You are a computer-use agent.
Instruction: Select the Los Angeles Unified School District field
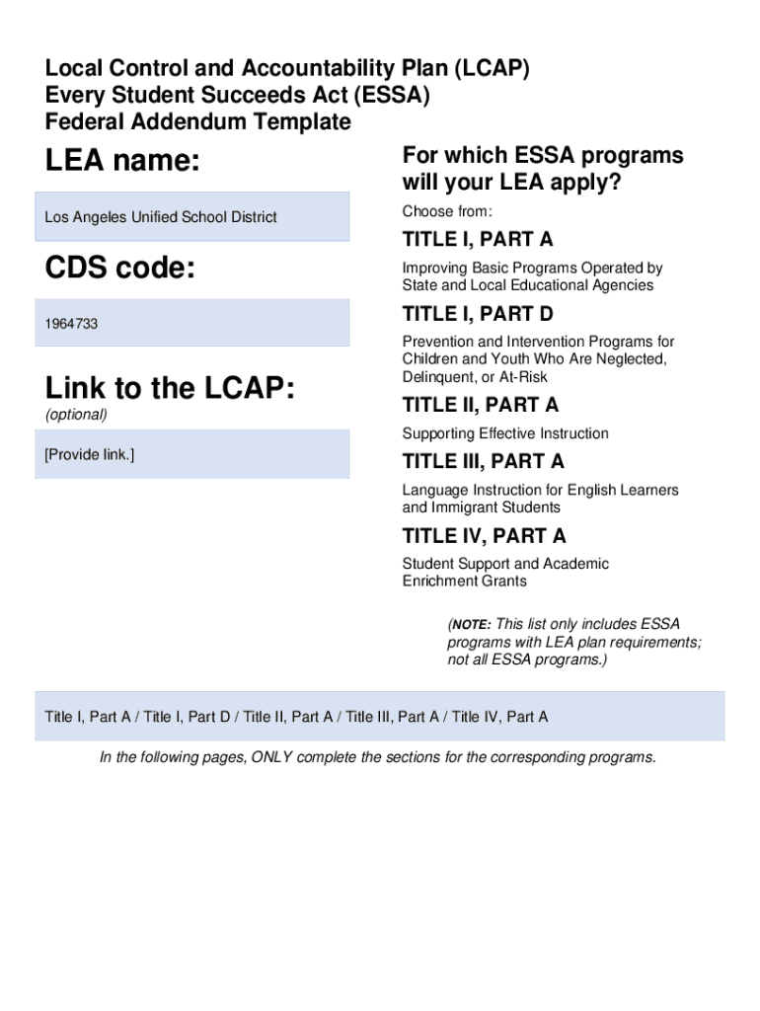pyautogui.click(x=191, y=217)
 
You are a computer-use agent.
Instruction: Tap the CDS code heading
pyautogui.click(x=119, y=268)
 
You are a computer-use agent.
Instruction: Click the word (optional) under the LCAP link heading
pyautogui.click(x=76, y=415)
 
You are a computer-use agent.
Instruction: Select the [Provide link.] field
pyautogui.click(x=191, y=454)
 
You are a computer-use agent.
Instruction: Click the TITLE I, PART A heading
pyautogui.click(x=478, y=240)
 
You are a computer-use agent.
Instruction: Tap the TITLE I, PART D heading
pyautogui.click(x=478, y=314)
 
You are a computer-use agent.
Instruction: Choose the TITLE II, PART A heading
pyautogui.click(x=481, y=405)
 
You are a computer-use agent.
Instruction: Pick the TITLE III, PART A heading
pyautogui.click(x=484, y=461)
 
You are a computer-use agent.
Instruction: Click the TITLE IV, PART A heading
pyautogui.click(x=484, y=536)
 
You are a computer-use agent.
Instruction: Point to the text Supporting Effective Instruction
pyautogui.click(x=505, y=433)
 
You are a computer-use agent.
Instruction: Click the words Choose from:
pyautogui.click(x=447, y=212)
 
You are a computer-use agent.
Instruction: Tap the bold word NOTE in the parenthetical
pyautogui.click(x=471, y=625)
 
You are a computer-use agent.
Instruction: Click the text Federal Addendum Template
pyautogui.click(x=197, y=122)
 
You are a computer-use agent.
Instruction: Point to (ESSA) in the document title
pyautogui.click(x=392, y=96)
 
